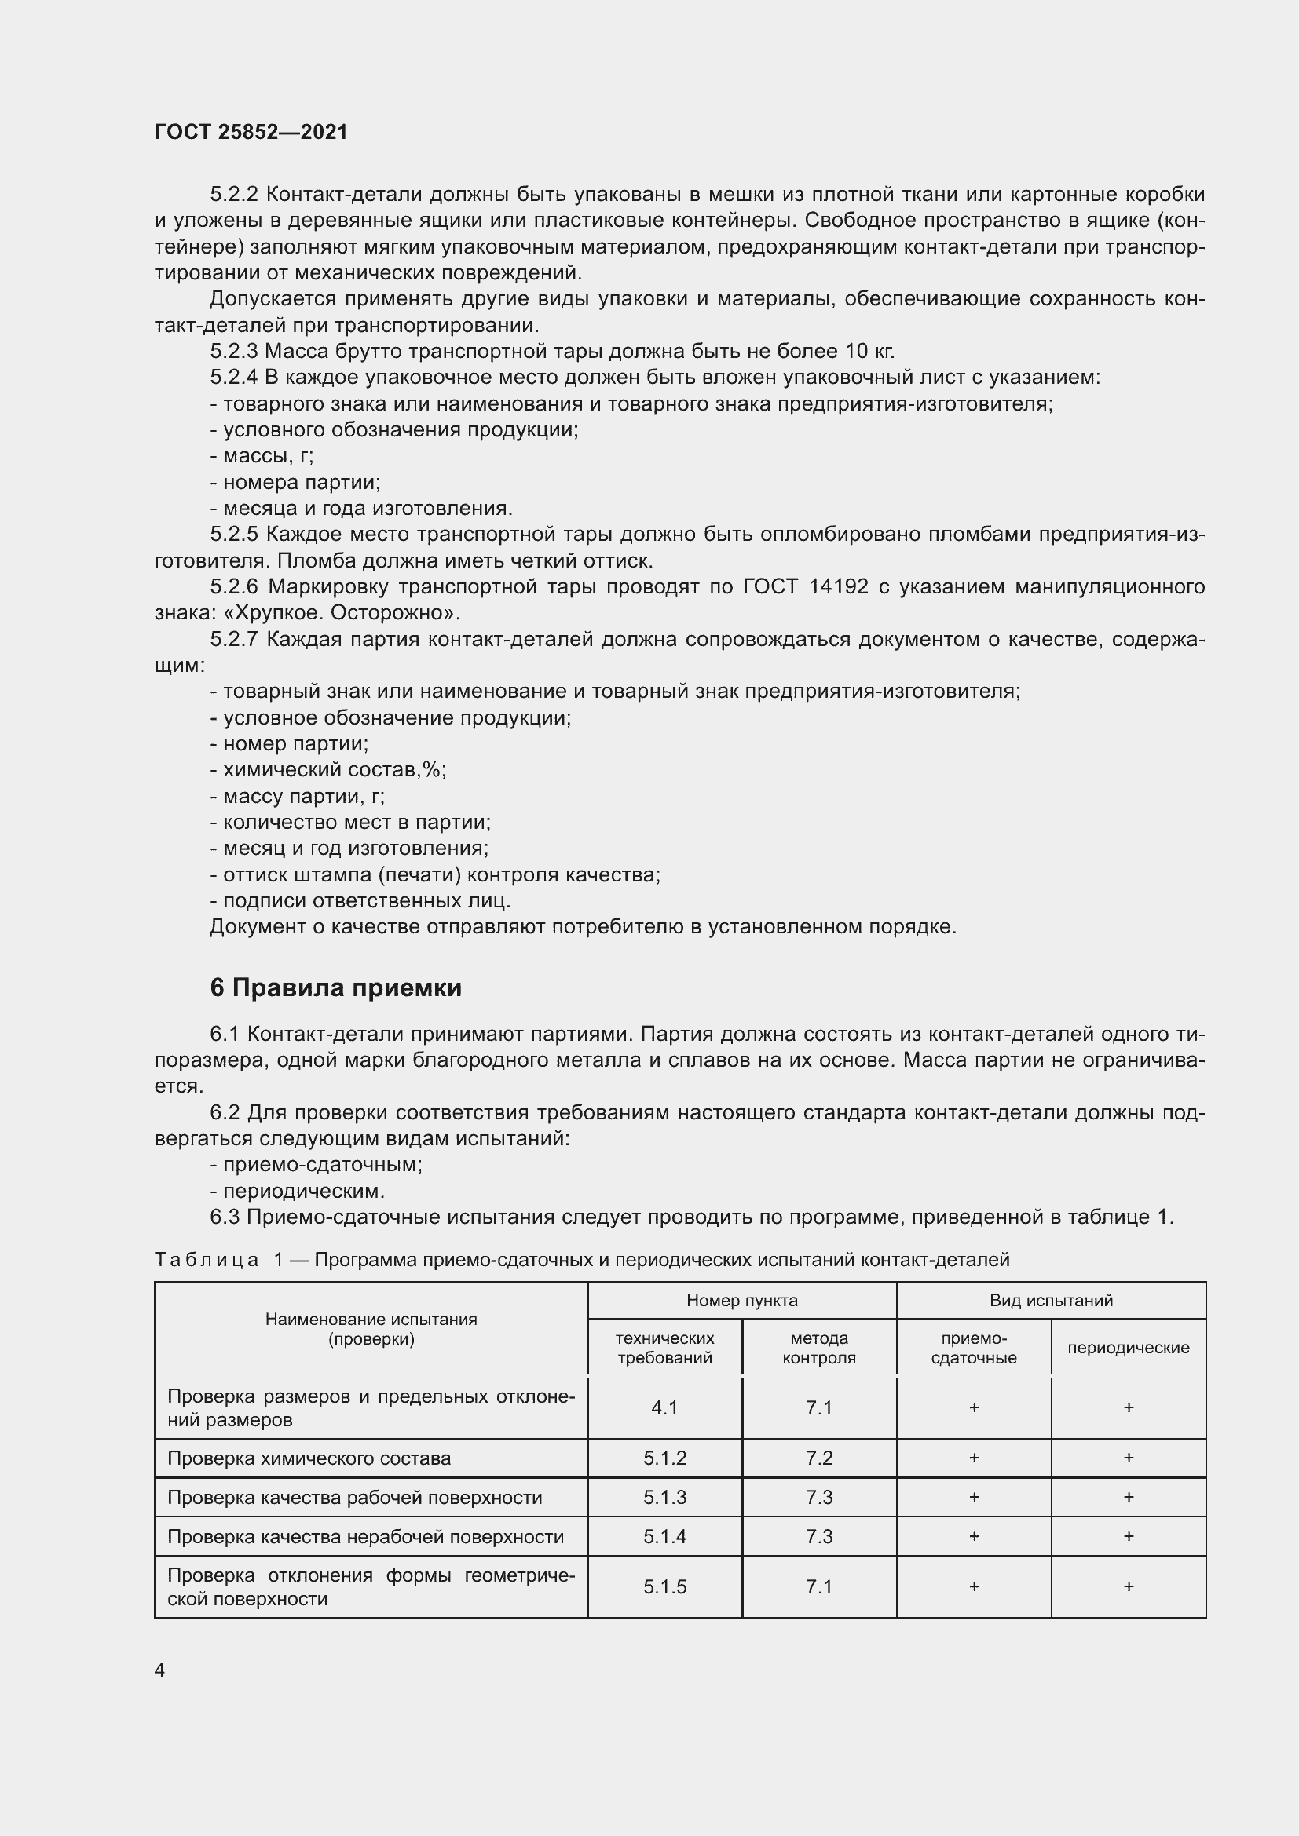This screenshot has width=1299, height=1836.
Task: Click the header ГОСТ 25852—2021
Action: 251,132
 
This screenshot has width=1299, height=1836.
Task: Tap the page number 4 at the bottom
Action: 160,1670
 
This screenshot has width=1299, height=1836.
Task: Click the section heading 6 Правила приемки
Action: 335,987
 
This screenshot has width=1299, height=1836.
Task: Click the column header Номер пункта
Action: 741,1300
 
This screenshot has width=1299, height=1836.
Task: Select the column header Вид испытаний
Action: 1050,1300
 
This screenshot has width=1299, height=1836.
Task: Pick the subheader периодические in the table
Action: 1128,1348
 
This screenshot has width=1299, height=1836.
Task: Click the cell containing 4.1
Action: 664,1407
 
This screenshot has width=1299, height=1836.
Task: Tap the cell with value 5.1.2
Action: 664,1458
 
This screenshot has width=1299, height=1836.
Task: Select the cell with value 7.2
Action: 819,1458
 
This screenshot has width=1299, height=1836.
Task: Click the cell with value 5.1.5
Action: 664,1586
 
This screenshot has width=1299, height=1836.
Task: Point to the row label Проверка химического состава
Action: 309,1458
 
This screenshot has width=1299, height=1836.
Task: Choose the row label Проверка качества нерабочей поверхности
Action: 365,1536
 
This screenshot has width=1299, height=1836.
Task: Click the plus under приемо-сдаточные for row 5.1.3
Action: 973,1497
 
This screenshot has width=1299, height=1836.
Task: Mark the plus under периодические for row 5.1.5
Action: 1128,1586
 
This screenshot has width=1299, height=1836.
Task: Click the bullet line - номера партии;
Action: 295,482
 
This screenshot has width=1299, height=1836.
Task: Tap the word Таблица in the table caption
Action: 207,1261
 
